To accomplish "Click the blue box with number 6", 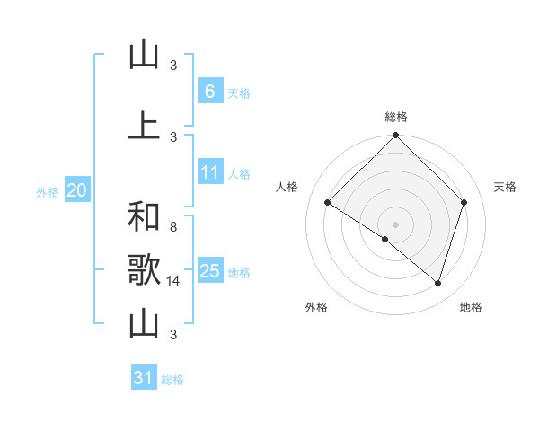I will tap(209, 92).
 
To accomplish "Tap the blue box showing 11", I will tap(209, 172).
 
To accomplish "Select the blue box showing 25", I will tap(209, 271).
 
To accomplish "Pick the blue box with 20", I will tap(76, 190).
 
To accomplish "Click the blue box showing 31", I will tap(144, 378).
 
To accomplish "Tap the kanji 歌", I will tap(144, 271).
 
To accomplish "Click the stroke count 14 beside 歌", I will tap(174, 281).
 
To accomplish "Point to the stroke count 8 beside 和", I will tap(173, 227).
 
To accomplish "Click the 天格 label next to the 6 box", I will tap(239, 93).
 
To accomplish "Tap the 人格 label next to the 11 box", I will tap(239, 174).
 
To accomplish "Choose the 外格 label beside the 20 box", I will tap(48, 192).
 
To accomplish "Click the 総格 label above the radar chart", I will tap(396, 117).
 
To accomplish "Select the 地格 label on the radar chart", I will tap(471, 307).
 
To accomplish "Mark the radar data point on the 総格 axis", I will tap(395, 136).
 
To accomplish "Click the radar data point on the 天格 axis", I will tap(464, 202).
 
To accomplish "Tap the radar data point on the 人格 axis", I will tap(328, 203).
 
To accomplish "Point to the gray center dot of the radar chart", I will tap(395, 224).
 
